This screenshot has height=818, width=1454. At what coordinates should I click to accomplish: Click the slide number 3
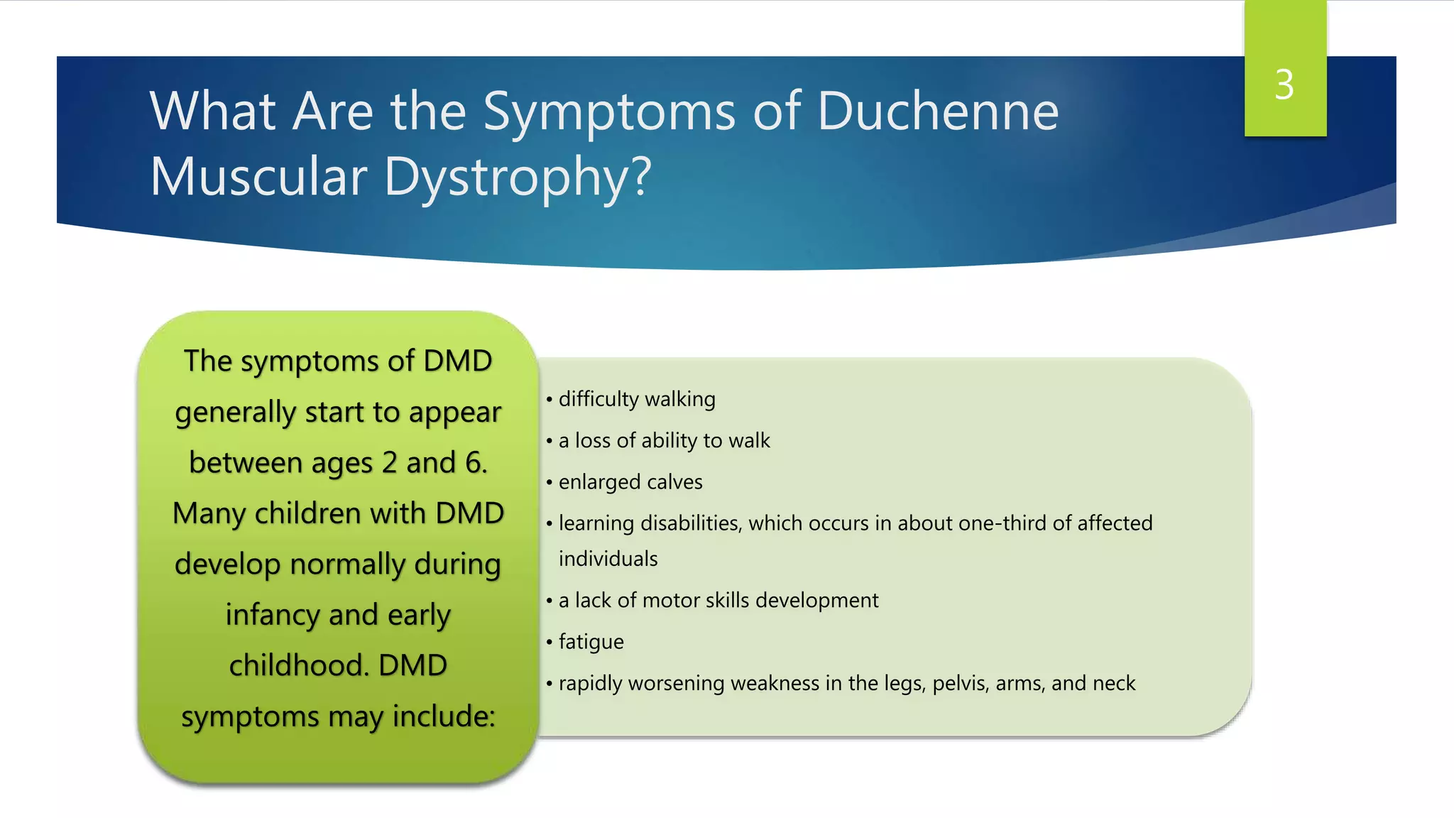(x=1284, y=85)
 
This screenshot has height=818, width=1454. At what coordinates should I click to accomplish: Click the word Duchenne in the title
(x=938, y=111)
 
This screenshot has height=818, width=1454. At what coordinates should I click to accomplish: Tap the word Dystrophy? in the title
(x=518, y=177)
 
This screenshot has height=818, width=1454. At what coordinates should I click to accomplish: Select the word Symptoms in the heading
(x=609, y=113)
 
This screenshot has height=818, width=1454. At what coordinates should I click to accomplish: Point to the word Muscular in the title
(x=259, y=177)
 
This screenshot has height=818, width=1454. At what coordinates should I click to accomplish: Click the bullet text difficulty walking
(x=637, y=399)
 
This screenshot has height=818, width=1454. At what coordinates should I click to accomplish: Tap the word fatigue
(x=591, y=642)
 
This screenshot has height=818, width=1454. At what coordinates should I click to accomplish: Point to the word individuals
(x=608, y=559)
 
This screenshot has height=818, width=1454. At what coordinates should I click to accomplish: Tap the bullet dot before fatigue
(x=550, y=643)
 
